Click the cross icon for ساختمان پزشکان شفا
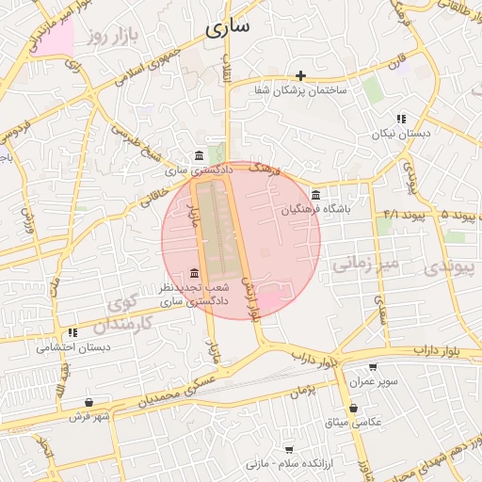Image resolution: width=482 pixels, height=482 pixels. click(300, 75)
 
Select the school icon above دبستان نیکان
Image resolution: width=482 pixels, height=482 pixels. click(400, 120)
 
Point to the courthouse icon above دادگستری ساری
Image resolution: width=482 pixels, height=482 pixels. click(198, 155)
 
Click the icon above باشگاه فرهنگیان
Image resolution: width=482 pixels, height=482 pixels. click(315, 195)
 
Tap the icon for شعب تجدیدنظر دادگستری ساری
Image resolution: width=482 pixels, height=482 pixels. click(194, 273)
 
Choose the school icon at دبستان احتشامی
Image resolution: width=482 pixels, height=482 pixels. click(72, 332)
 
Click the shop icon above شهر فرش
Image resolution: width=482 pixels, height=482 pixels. click(88, 401)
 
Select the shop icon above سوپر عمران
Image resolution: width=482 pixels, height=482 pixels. click(374, 368)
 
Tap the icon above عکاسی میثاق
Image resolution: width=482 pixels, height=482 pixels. click(353, 409)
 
